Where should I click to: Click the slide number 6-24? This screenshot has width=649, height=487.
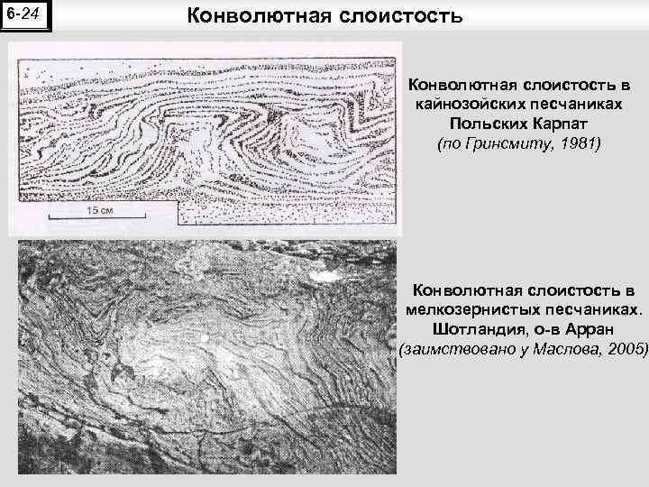coord(25,15)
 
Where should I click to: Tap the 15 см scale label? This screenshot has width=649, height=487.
coord(99,209)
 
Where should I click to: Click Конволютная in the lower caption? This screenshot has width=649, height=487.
coord(469,289)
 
